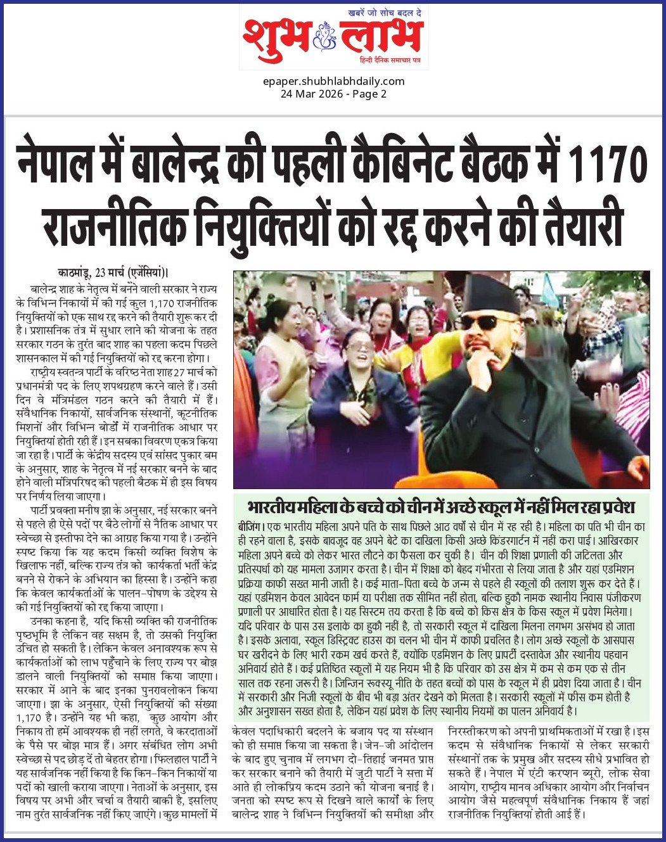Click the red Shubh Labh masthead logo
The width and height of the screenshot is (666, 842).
coord(333,37)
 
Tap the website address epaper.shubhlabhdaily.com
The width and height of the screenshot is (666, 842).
coord(333,81)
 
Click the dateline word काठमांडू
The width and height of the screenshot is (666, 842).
coord(74,273)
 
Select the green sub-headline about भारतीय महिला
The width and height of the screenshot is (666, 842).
coord(441,507)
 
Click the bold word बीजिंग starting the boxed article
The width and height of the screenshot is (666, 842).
coord(250,526)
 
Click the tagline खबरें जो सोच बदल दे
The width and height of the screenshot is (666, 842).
coord(385,13)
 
